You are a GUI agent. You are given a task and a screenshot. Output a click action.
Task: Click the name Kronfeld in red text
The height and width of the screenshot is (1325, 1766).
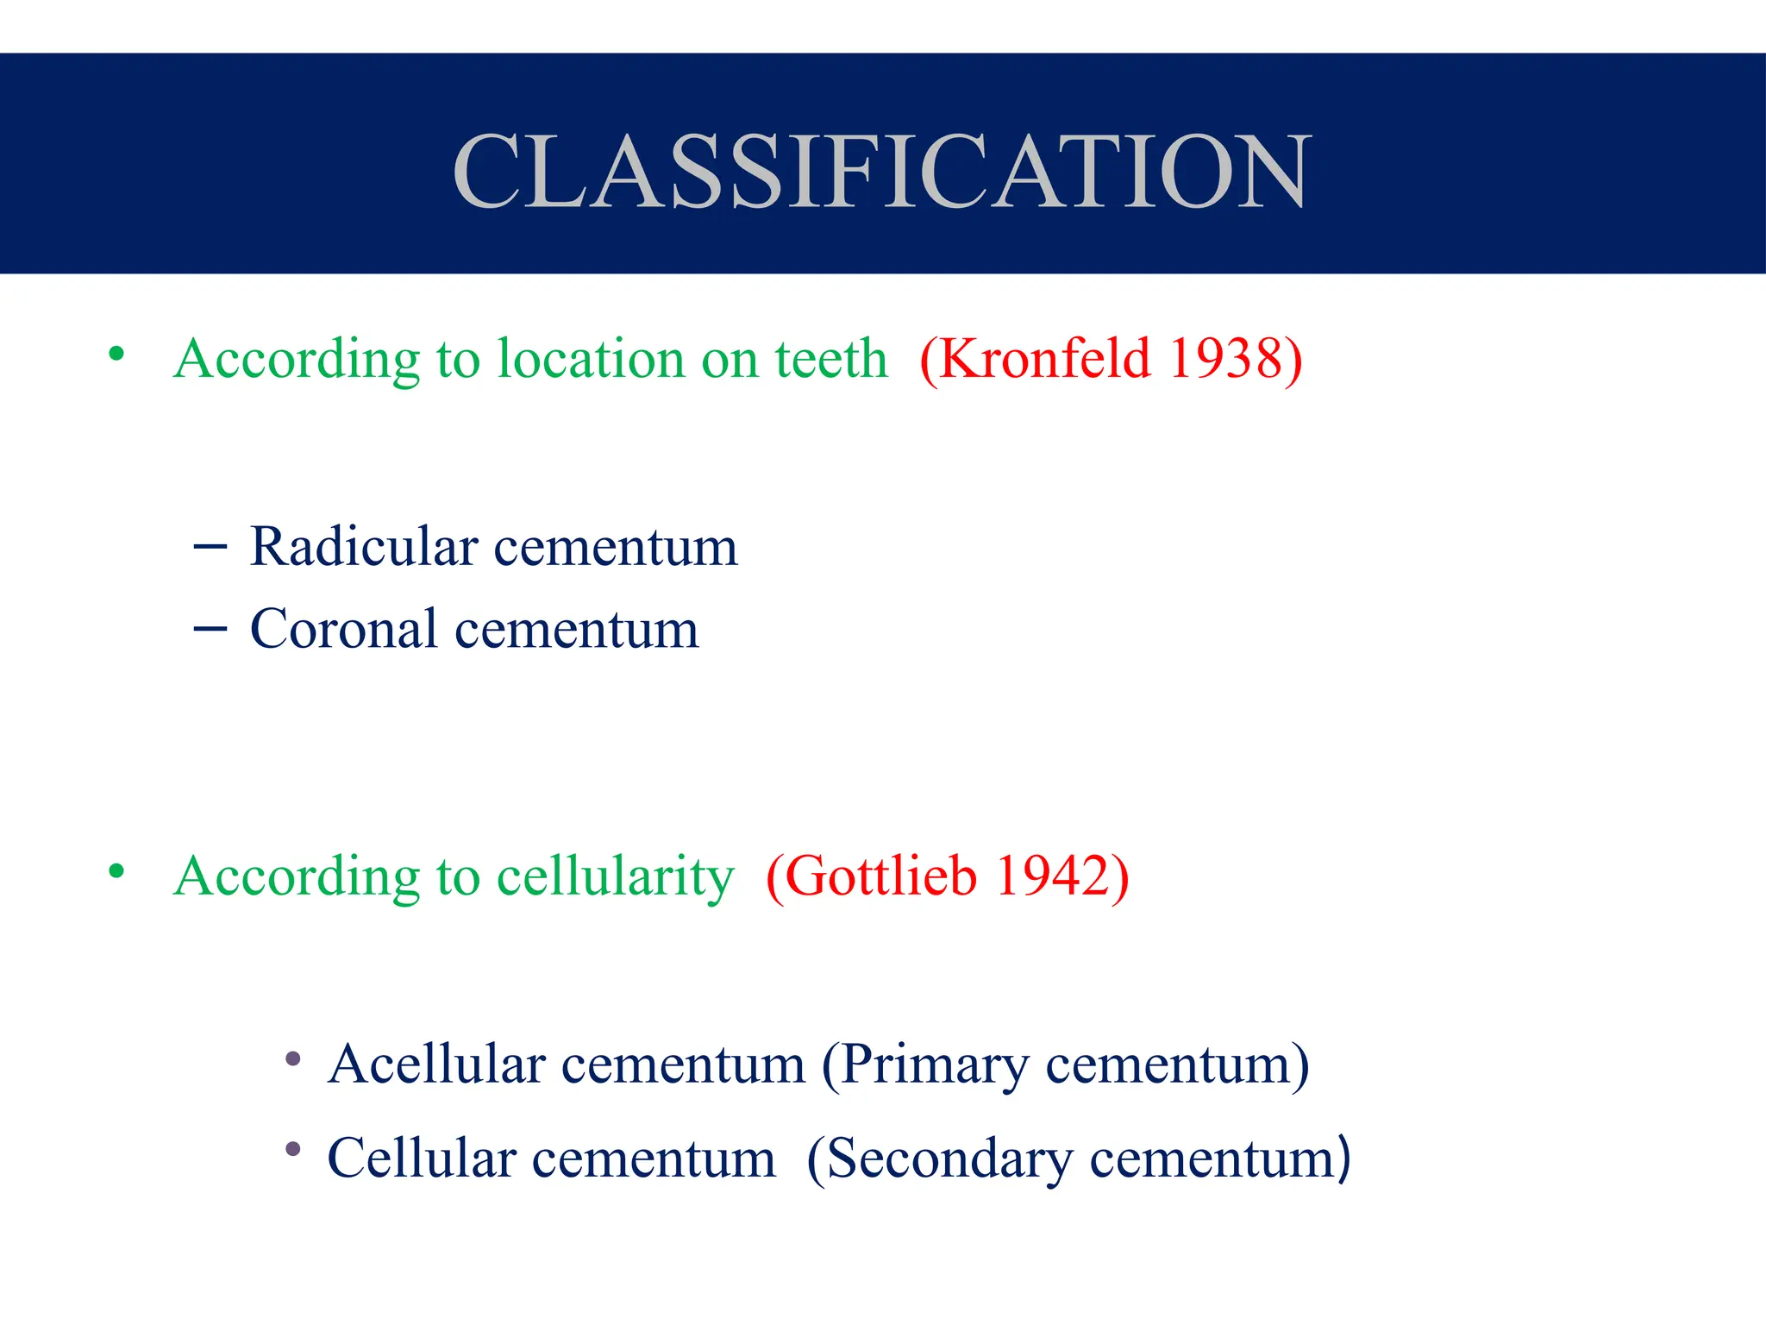(x=1044, y=358)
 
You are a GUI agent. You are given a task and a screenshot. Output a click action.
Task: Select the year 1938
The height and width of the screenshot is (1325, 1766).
(x=1225, y=358)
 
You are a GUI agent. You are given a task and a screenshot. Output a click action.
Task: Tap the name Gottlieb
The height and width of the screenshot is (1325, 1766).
(x=880, y=876)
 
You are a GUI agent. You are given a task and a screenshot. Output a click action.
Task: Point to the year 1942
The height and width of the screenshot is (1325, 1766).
(x=1052, y=876)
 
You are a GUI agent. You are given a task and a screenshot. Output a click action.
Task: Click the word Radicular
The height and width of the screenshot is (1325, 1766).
(x=364, y=547)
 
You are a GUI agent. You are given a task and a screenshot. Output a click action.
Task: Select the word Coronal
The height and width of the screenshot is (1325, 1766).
(x=344, y=629)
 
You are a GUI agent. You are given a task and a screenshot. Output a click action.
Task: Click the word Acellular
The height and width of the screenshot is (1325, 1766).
(x=436, y=1064)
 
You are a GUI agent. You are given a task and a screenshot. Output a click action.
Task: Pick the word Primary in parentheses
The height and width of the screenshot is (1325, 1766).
(x=935, y=1065)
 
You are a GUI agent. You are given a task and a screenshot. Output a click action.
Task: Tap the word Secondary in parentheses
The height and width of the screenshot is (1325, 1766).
(x=949, y=1159)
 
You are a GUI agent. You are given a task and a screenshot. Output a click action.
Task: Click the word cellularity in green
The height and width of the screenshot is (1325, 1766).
(x=616, y=877)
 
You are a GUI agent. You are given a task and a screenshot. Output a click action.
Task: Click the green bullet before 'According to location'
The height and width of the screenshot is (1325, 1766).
(x=117, y=354)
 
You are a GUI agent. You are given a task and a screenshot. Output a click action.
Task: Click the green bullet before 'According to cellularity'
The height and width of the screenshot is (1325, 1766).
(x=117, y=871)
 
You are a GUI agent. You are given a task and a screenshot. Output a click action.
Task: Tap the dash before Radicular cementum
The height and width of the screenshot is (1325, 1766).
(x=210, y=547)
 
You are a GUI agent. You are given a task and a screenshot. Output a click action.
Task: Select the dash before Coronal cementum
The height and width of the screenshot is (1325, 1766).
(x=210, y=629)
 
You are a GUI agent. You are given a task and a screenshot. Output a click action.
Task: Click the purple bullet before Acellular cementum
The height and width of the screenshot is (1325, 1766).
(x=293, y=1058)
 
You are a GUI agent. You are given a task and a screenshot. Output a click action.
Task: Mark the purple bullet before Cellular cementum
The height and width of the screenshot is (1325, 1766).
(x=293, y=1149)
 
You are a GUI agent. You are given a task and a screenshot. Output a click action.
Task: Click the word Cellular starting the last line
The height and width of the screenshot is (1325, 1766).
(x=422, y=1159)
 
